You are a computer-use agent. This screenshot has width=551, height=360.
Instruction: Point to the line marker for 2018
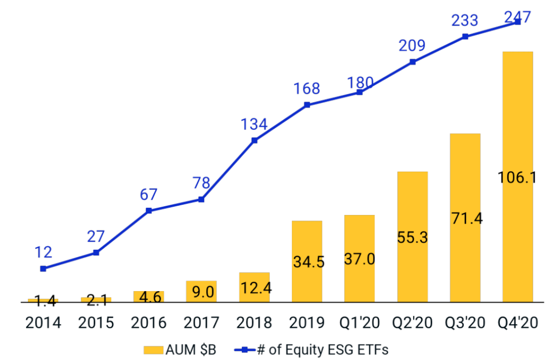[x=255, y=140]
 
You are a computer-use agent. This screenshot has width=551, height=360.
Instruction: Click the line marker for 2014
[x=43, y=269]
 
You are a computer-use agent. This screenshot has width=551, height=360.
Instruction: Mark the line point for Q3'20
[x=465, y=37]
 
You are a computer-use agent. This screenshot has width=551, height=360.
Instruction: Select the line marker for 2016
[x=148, y=210]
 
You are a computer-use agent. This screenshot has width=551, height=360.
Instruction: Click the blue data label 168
[x=307, y=89]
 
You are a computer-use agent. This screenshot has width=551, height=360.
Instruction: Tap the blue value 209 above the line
[x=412, y=46]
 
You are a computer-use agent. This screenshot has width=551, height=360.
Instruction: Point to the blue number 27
[x=95, y=236]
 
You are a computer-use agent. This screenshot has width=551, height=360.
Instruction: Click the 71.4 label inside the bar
[x=465, y=218]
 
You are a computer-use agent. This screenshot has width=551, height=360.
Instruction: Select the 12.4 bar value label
[x=254, y=288]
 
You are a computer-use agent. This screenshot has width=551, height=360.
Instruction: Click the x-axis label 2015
[x=96, y=323]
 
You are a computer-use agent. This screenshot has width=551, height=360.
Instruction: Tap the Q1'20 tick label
[x=359, y=323]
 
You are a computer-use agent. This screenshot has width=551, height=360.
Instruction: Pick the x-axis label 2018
[x=254, y=323]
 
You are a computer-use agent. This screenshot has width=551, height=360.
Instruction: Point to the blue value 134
[x=254, y=124]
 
